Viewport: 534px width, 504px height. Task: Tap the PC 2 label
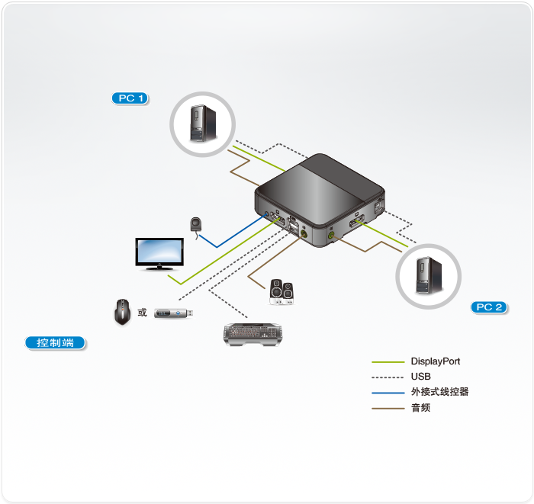pos(490,307)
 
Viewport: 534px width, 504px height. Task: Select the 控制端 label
pos(55,343)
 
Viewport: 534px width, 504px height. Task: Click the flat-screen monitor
pos(159,253)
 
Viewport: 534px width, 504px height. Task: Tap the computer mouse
pos(122,312)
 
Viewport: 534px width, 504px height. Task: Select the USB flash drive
pos(175,313)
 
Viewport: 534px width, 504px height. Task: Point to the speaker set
pos(281,292)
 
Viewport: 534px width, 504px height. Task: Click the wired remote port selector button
pos(197,226)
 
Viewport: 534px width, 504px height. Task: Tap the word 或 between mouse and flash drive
pos(142,313)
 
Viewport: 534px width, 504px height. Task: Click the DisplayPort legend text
pos(436,361)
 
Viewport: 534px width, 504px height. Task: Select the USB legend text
pos(420,377)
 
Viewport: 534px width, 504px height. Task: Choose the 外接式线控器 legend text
pos(439,392)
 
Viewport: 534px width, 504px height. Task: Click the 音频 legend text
pos(420,408)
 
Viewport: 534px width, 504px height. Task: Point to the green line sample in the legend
pos(387,362)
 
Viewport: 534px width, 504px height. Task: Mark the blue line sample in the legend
pos(387,393)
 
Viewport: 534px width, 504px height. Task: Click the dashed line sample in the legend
pos(387,377)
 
